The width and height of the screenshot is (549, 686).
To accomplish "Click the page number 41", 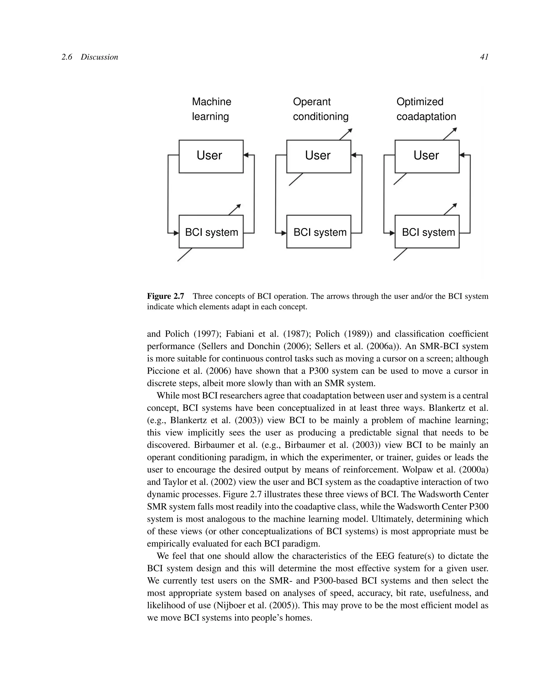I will [x=484, y=57].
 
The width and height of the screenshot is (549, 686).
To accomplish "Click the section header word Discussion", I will [x=99, y=57].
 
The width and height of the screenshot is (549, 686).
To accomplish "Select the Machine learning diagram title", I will [x=211, y=109].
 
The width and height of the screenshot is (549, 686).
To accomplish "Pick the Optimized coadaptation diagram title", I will [x=426, y=109].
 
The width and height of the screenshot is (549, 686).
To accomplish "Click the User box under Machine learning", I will [x=211, y=156].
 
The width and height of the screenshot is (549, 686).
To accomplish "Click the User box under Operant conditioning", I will [x=318, y=156].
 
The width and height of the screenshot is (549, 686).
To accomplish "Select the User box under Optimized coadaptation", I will [x=427, y=156].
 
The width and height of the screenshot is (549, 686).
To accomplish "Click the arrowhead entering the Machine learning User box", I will [x=246, y=155].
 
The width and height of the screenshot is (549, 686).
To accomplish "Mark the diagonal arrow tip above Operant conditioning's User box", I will [x=351, y=130].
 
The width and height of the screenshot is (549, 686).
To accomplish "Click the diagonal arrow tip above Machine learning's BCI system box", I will [x=239, y=206].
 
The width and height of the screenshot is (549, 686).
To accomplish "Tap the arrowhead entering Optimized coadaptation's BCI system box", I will [x=392, y=233].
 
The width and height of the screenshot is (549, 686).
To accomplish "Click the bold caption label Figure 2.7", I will [x=165, y=296].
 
